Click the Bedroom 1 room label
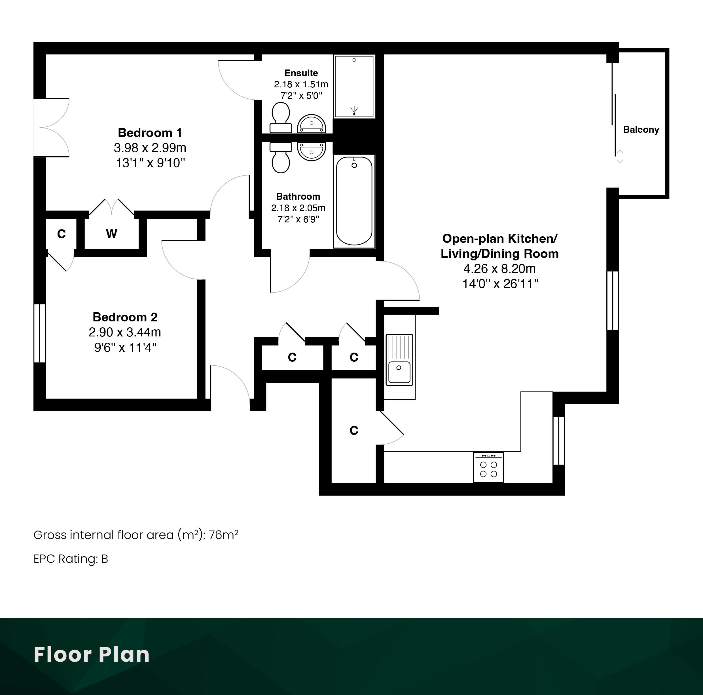pyautogui.click(x=150, y=133)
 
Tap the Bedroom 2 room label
pyautogui.click(x=125, y=317)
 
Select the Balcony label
pyautogui.click(x=641, y=130)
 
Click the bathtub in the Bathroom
pyautogui.click(x=354, y=201)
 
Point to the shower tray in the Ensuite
pyautogui.click(x=354, y=86)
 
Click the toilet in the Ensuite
pyautogui.click(x=281, y=117)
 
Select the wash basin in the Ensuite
pyautogui.click(x=312, y=124)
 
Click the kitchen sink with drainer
pyautogui.click(x=399, y=360)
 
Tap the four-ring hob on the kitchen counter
pyautogui.click(x=488, y=467)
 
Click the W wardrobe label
pyautogui.click(x=112, y=234)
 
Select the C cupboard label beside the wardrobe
pyautogui.click(x=62, y=234)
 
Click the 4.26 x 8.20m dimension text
pyautogui.click(x=499, y=269)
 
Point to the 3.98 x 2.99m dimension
pyautogui.click(x=150, y=148)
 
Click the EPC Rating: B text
pyautogui.click(x=71, y=559)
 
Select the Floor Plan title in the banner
pyautogui.click(x=92, y=655)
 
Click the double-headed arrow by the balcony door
pyautogui.click(x=620, y=157)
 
